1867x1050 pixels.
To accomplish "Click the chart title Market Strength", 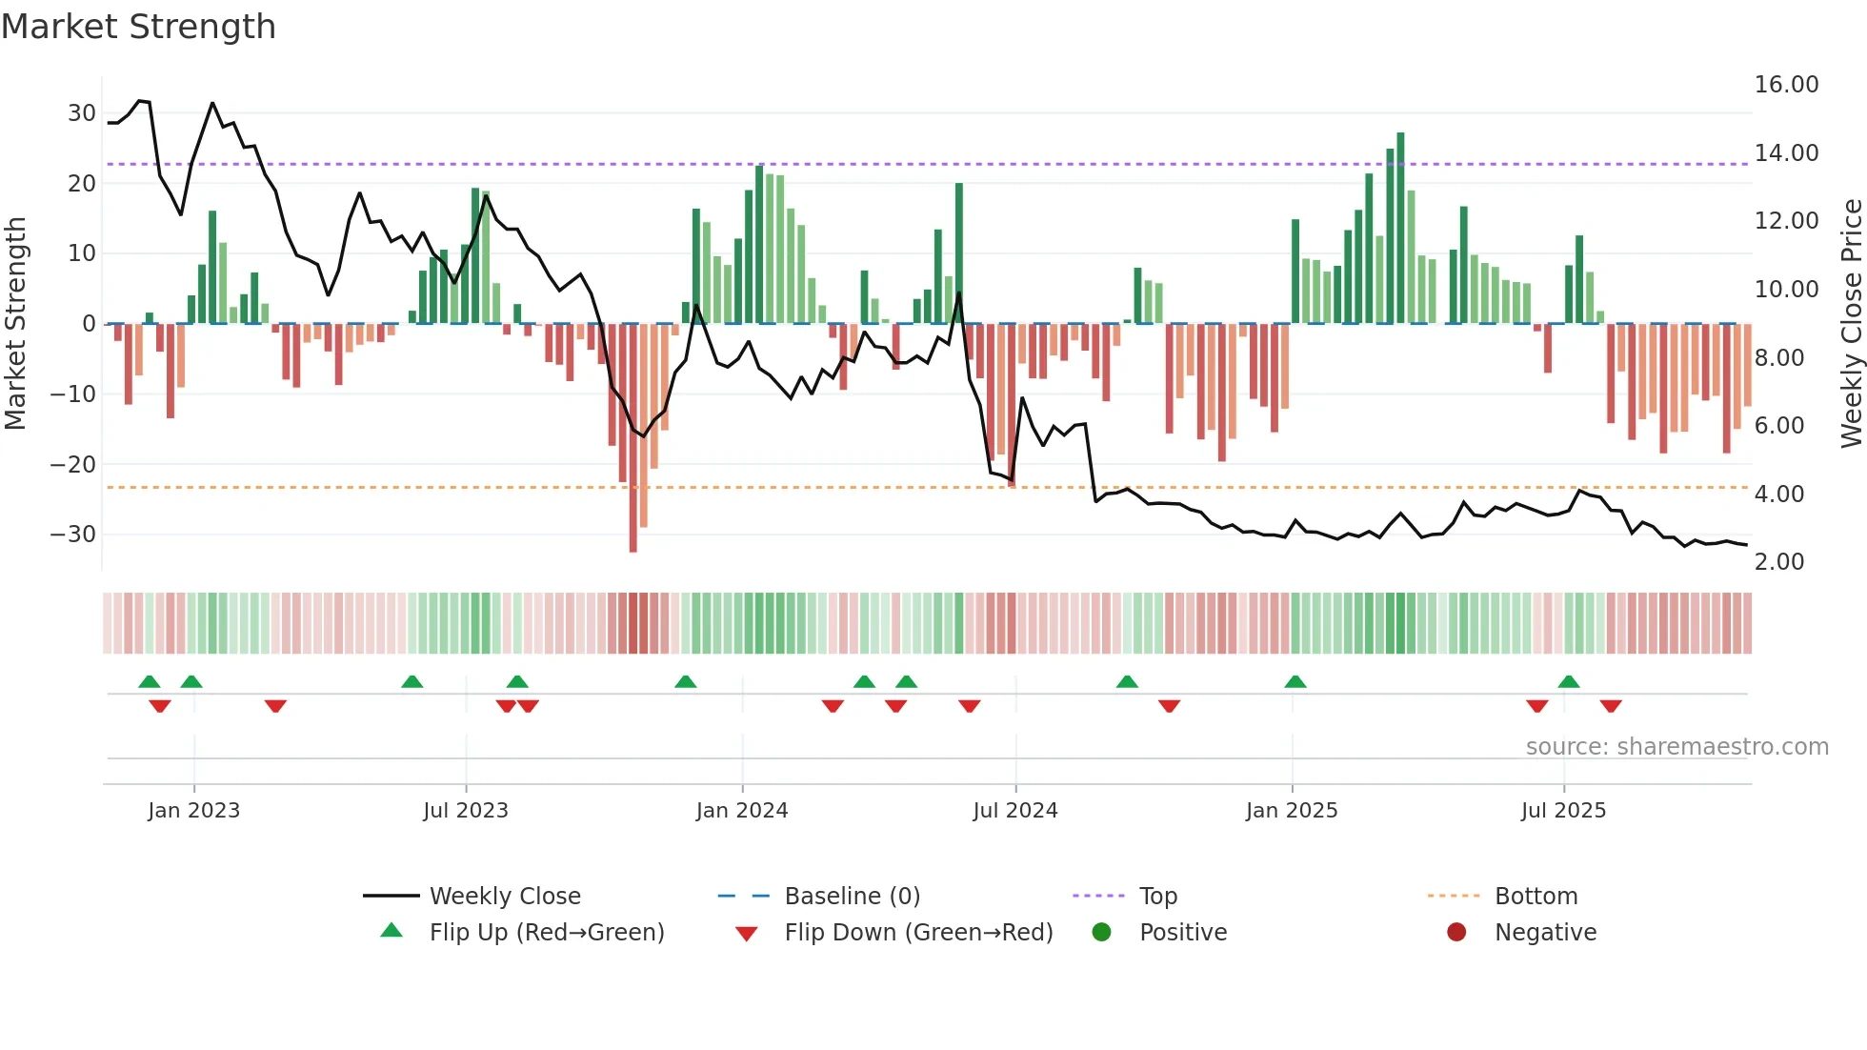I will [138, 27].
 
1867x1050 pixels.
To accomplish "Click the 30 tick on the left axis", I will [81, 113].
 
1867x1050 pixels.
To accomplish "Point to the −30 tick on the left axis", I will [73, 535].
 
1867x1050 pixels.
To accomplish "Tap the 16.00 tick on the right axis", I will [1786, 85].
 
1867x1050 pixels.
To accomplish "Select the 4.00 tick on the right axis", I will [1778, 495].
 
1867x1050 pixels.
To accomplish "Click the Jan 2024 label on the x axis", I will [741, 811].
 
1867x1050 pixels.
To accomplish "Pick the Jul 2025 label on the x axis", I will [1563, 811].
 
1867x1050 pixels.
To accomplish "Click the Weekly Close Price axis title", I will [1851, 324].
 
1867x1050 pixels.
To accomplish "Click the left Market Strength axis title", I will [15, 324].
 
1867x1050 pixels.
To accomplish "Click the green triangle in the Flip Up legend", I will [391, 931].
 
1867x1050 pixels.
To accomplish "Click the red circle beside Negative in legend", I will [1455, 932].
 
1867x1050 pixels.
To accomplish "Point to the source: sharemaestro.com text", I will [1676, 747].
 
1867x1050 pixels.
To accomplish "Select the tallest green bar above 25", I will [1400, 229].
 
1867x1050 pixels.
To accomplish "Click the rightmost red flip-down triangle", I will [1611, 706].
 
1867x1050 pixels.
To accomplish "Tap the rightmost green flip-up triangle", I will [1569, 681].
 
